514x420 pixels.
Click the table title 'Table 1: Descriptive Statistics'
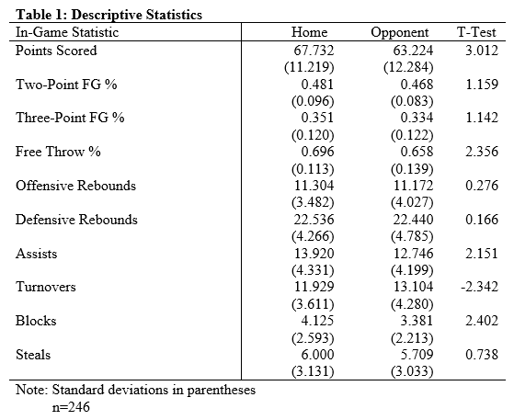pyautogui.click(x=109, y=15)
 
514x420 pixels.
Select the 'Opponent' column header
pyautogui.click(x=400, y=32)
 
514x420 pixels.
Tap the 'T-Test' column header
pyautogui.click(x=476, y=32)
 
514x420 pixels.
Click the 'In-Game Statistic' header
pyautogui.click(x=67, y=32)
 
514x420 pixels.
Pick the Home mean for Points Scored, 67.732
pyautogui.click(x=314, y=51)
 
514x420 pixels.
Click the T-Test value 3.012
pyautogui.click(x=482, y=51)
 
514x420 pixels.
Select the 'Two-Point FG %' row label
pyautogui.click(x=66, y=85)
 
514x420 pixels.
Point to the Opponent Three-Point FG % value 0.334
pyautogui.click(x=417, y=118)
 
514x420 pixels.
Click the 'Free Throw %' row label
pyautogui.click(x=58, y=152)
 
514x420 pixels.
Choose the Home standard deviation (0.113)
pyautogui.click(x=313, y=169)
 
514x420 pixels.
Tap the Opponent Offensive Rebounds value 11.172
pyautogui.click(x=413, y=186)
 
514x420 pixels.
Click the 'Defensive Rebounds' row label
pyautogui.click(x=76, y=220)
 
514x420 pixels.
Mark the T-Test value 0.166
pyautogui.click(x=482, y=220)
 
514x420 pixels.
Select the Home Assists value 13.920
pyautogui.click(x=314, y=254)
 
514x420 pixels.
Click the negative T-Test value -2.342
pyautogui.click(x=479, y=287)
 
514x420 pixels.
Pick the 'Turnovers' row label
pyautogui.click(x=46, y=287)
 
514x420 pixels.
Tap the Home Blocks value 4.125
pyautogui.click(x=317, y=321)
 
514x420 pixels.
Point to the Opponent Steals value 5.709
pyautogui.click(x=417, y=355)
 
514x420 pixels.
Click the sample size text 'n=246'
pyautogui.click(x=71, y=407)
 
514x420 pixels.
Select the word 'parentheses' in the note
pyautogui.click(x=222, y=391)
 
